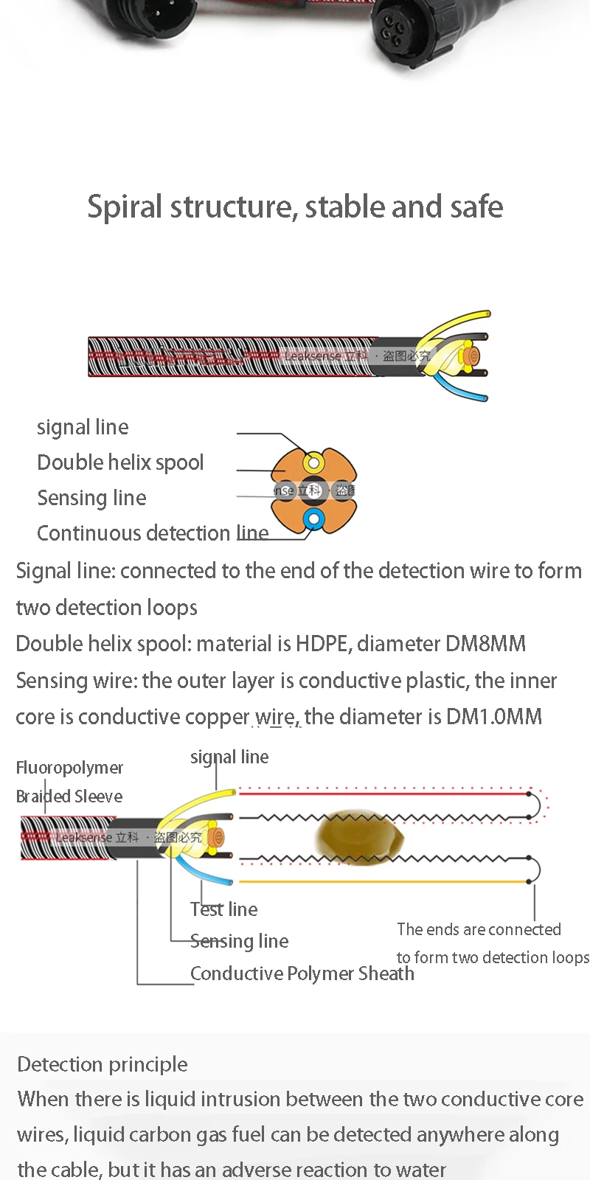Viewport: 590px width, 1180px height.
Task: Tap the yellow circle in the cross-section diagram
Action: [x=314, y=463]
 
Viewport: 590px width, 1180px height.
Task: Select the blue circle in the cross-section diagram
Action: [x=314, y=519]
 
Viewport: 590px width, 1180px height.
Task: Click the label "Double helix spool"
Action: [x=120, y=462]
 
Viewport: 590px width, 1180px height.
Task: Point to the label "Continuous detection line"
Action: [x=152, y=532]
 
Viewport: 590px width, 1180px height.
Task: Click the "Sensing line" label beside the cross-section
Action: [x=91, y=498]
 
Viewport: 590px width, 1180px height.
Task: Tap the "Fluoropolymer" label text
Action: [x=69, y=768]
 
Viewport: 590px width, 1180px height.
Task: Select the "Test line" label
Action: [x=223, y=909]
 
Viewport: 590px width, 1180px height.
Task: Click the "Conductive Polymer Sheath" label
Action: [x=302, y=974]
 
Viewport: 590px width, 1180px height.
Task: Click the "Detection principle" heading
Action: [x=102, y=1064]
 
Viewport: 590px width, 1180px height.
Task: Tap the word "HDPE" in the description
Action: [x=322, y=644]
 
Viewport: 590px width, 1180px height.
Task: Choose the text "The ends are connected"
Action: [x=479, y=929]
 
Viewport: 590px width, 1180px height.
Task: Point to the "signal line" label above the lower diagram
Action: [x=229, y=757]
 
